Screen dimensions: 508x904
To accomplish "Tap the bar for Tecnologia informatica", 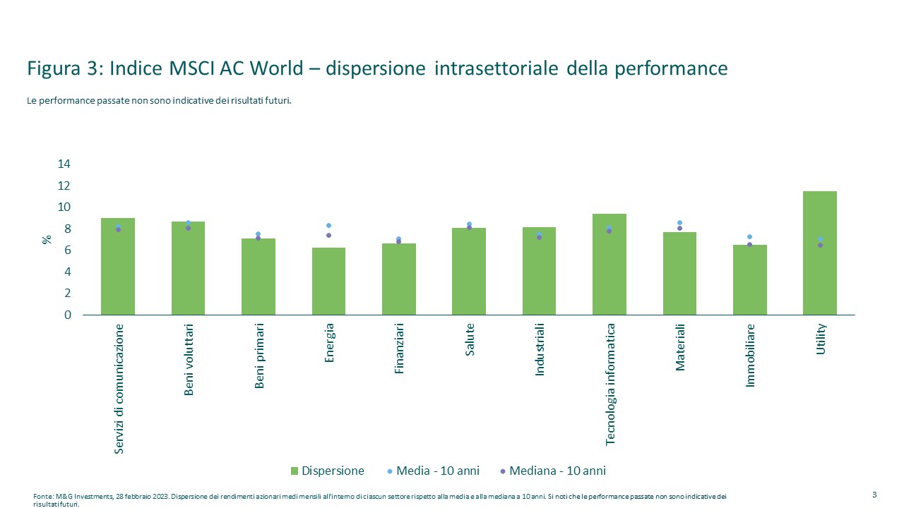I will (609, 264).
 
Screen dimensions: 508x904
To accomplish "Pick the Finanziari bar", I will (399, 279).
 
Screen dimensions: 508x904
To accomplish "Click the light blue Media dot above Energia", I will (328, 226).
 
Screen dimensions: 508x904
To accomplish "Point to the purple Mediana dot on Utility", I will (820, 245).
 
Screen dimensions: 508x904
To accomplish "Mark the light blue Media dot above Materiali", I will (679, 223).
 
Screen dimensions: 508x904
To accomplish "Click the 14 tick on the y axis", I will (64, 164).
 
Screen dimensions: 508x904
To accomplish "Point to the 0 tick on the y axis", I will (68, 315).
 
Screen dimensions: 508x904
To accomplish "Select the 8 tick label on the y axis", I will (68, 229).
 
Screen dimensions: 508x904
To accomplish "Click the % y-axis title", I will (47, 239).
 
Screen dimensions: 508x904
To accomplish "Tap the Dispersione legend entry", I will (327, 471).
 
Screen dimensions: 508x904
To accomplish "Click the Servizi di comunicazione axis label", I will (119, 389).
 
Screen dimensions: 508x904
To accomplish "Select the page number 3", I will (874, 494).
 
